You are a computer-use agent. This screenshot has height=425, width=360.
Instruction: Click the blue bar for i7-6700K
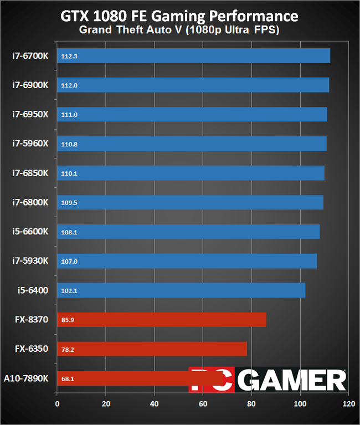[193, 56]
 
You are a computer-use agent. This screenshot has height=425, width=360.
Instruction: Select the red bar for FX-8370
[161, 320]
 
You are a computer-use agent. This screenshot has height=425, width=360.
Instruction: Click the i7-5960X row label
[31, 144]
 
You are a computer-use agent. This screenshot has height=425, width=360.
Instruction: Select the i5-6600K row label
[31, 232]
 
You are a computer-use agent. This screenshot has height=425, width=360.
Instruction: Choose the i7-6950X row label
[31, 114]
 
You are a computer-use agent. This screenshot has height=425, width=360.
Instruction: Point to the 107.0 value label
[69, 261]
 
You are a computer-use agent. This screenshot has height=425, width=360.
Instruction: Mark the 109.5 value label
[69, 203]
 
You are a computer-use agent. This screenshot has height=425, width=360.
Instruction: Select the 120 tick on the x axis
[348, 404]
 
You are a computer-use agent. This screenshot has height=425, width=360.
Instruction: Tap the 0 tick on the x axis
[57, 404]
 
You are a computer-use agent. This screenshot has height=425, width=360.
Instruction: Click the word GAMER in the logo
[294, 380]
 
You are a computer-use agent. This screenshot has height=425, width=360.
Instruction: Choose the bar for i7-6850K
[191, 173]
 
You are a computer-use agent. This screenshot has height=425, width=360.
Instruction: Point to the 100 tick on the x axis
[300, 404]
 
